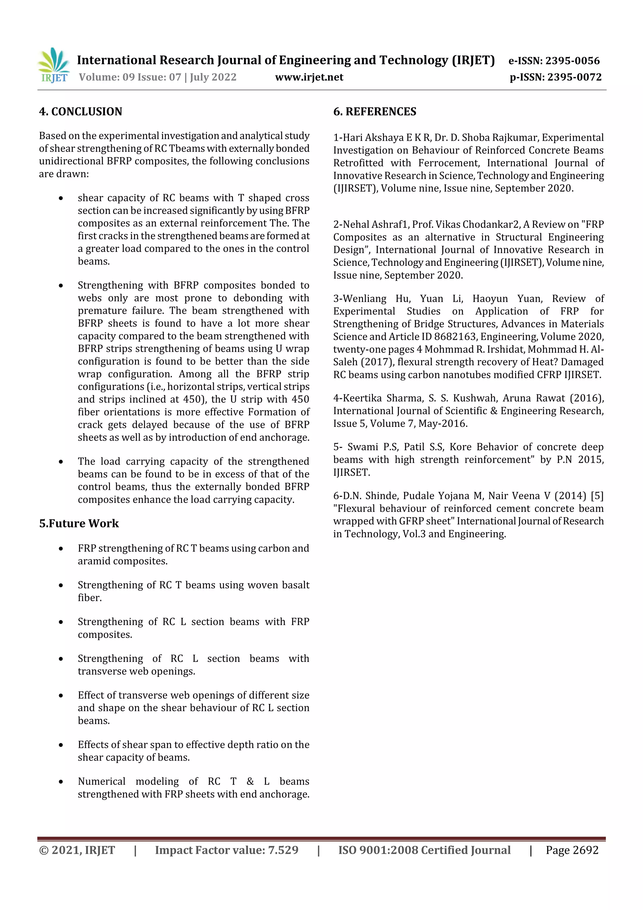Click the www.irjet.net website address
tap(309, 77)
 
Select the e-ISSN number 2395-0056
tap(572, 61)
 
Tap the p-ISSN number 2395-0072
tap(575, 77)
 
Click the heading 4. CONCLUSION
tap(80, 112)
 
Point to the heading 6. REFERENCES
tap(375, 112)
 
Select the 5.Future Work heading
tap(79, 524)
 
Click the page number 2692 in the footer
tap(586, 850)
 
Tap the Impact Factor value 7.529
tap(283, 850)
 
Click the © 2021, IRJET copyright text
tap(77, 850)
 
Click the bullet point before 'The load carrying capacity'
tap(61, 462)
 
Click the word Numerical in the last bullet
tap(101, 782)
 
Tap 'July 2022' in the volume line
tap(213, 77)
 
